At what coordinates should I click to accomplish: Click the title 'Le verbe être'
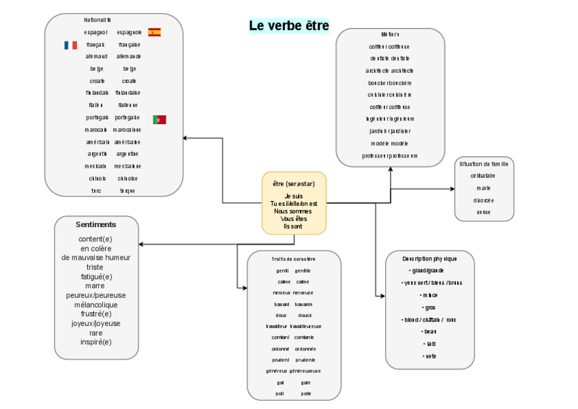point(289,26)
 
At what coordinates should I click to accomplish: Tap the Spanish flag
point(155,32)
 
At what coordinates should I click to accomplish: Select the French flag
point(70,45)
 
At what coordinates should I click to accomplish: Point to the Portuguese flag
point(159,119)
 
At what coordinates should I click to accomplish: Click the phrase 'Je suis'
point(294,196)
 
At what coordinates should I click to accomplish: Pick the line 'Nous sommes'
point(294,211)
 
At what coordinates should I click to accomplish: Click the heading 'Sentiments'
point(96,224)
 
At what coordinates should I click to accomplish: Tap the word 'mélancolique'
point(96,305)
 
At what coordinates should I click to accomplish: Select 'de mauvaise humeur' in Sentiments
point(96,258)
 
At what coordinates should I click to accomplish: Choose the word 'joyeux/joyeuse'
point(96,324)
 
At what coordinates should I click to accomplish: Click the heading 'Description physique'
point(429,259)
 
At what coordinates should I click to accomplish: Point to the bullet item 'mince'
point(429,295)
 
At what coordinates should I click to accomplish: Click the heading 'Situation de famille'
point(484,164)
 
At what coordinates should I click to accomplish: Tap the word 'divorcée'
point(484,200)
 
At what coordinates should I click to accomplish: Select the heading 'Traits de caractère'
point(294,259)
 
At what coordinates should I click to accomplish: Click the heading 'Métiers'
point(391,35)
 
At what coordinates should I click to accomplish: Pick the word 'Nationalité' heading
point(97,20)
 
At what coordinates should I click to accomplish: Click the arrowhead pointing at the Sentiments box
point(141,243)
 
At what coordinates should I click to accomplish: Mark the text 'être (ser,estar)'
point(294,184)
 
